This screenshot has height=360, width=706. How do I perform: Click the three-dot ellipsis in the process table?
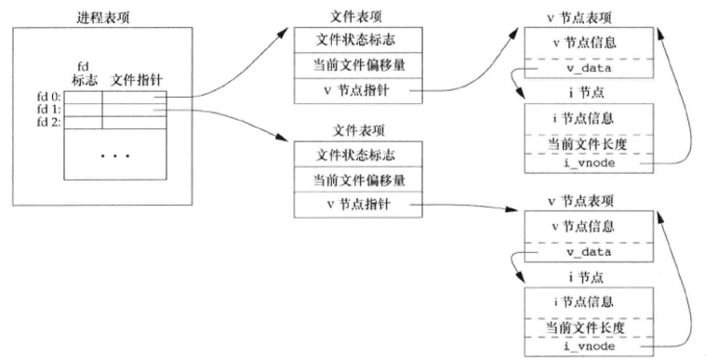click(114, 154)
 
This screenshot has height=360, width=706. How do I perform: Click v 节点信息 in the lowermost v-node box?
click(582, 225)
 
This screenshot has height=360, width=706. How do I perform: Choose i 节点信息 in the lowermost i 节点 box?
click(582, 301)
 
